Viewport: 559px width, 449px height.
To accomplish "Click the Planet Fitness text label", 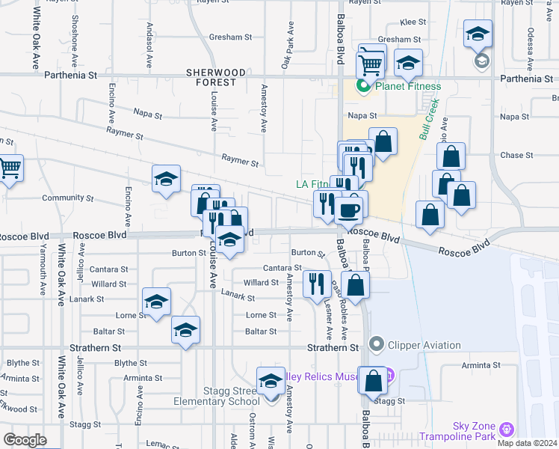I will (x=408, y=86).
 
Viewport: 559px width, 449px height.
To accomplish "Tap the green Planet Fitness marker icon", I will (x=364, y=86).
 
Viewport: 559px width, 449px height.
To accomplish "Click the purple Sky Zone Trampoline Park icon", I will (x=507, y=430).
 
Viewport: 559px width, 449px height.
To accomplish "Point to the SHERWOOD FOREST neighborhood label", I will (x=216, y=77).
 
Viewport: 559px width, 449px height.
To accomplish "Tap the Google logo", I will (x=25, y=439).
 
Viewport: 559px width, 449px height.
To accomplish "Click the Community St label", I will (x=67, y=199).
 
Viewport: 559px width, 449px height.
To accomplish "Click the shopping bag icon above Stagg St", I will (x=372, y=381).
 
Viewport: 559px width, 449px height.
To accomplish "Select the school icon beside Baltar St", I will (x=185, y=330).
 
